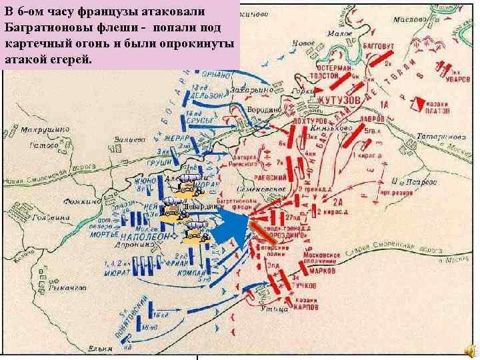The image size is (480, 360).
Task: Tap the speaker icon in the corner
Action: tap(469, 350)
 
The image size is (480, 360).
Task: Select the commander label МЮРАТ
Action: tap(117, 272)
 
